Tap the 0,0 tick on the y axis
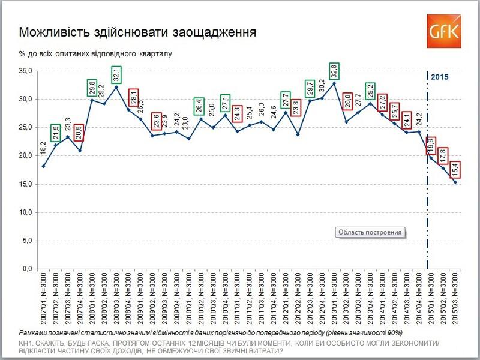tap(26, 269)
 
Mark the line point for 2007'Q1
tap(43, 166)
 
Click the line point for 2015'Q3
tap(455, 182)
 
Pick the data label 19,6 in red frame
tap(431, 146)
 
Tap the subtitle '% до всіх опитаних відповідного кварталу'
tap(95, 54)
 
